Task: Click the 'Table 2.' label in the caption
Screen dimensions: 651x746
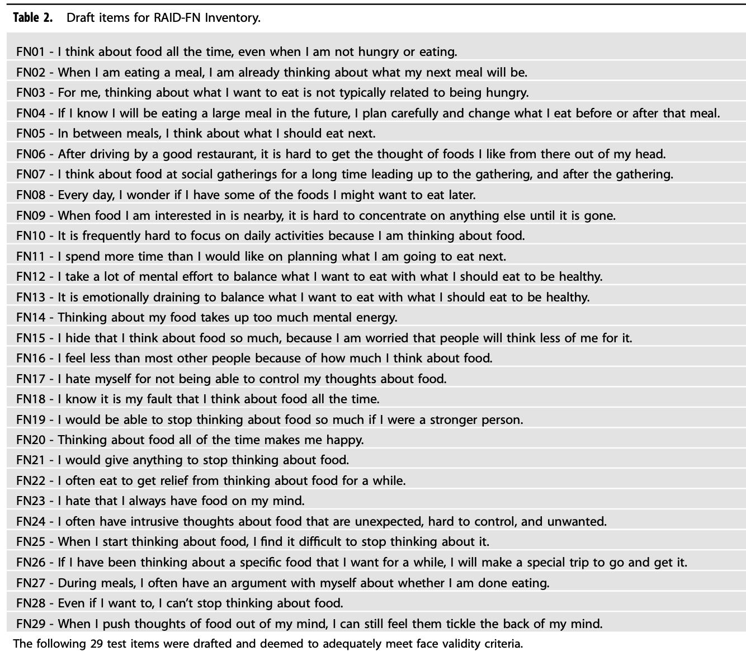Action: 33,17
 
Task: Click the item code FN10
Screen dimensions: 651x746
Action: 30,235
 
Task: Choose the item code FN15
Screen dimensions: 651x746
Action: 30,338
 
